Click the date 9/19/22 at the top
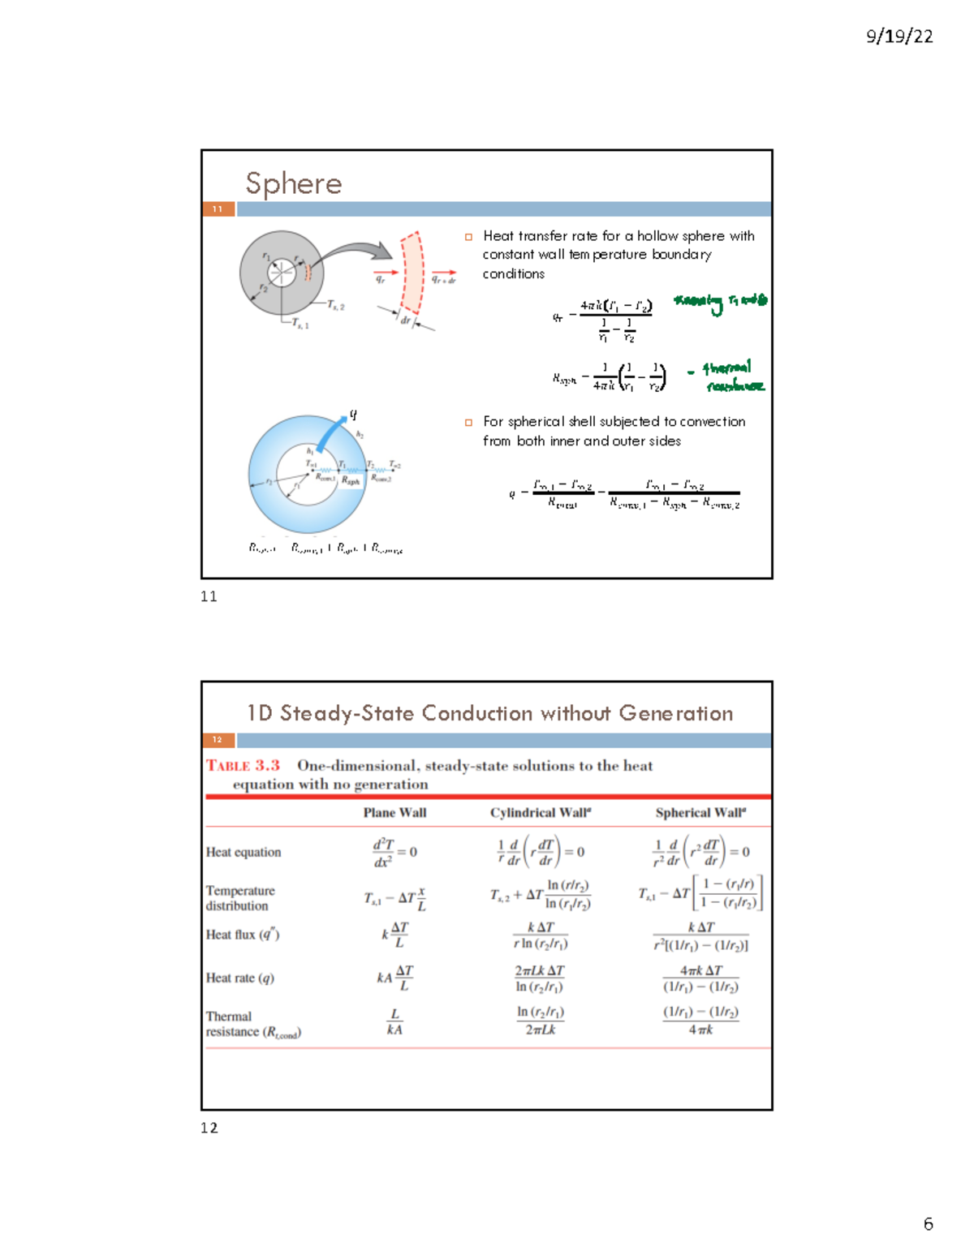(899, 37)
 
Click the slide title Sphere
(294, 184)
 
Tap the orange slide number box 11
(218, 209)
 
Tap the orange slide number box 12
(218, 740)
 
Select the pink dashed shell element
(412, 274)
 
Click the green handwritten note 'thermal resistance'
(730, 376)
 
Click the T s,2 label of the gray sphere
(335, 306)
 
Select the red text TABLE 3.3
(243, 765)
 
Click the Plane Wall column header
(394, 812)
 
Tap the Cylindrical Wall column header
(540, 812)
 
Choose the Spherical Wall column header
(700, 812)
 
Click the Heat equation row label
(243, 852)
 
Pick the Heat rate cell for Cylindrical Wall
(540, 978)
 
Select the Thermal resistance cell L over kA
(394, 1022)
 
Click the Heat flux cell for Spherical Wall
(700, 935)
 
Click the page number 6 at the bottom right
(928, 1224)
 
